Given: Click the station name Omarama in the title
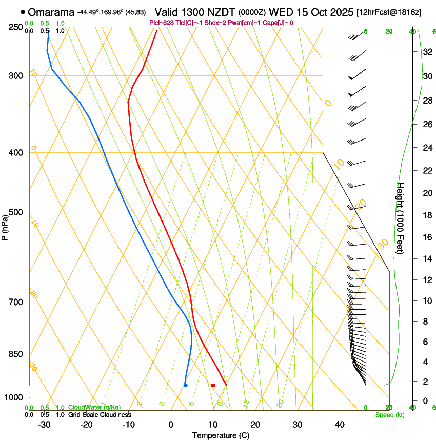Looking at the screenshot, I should pyautogui.click(x=51, y=12).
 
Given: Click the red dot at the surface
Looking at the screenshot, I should pyautogui.click(x=213, y=385).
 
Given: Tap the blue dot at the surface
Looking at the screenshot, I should pyautogui.click(x=186, y=385).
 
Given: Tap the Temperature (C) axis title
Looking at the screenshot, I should pyautogui.click(x=221, y=435).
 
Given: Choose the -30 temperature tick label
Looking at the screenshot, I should pyautogui.click(x=44, y=424).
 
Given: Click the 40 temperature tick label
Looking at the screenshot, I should pyautogui.click(x=339, y=424).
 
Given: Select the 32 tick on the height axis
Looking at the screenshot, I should pyautogui.click(x=427, y=52).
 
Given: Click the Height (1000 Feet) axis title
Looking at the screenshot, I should pyautogui.click(x=401, y=218).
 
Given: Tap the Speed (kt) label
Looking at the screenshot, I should pyautogui.click(x=389, y=415).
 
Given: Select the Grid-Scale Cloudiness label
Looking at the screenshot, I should pyautogui.click(x=100, y=414).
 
